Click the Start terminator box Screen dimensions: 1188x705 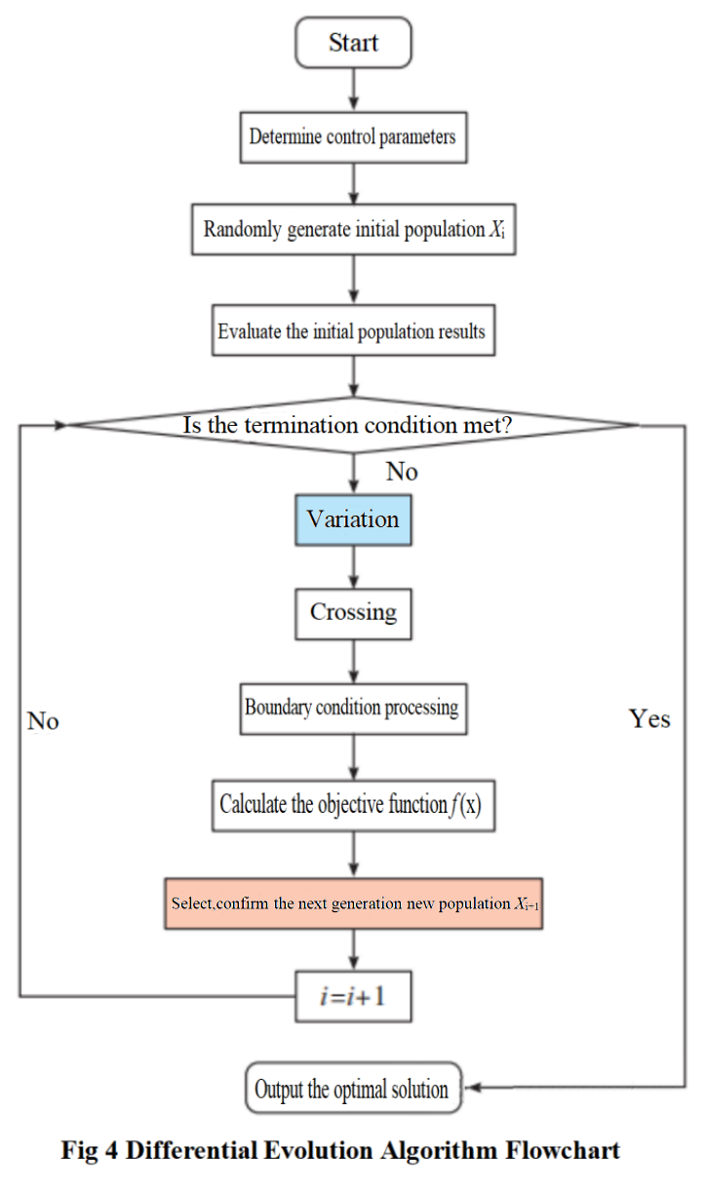click(x=353, y=44)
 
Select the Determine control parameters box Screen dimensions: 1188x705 click(x=353, y=137)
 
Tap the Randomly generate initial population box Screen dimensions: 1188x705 click(x=353, y=231)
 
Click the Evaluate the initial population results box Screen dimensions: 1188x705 click(x=353, y=332)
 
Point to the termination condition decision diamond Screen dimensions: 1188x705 click(x=353, y=425)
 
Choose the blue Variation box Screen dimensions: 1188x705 click(x=353, y=519)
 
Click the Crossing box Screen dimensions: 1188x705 click(x=353, y=613)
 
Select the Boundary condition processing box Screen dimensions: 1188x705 click(x=353, y=708)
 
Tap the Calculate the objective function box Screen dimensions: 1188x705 click(x=353, y=805)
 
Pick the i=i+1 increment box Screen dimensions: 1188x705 click(x=353, y=997)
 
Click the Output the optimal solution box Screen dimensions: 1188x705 click(x=352, y=1089)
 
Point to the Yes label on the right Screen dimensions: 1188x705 click(x=649, y=719)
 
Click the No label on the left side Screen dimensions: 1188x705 click(x=43, y=721)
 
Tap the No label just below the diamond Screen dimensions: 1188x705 click(x=401, y=473)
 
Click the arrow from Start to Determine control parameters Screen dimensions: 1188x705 click(x=353, y=91)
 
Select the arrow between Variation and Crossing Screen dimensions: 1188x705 click(x=353, y=566)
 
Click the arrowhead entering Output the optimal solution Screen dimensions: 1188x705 click(x=470, y=1088)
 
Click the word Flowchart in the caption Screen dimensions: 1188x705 click(x=563, y=1151)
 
